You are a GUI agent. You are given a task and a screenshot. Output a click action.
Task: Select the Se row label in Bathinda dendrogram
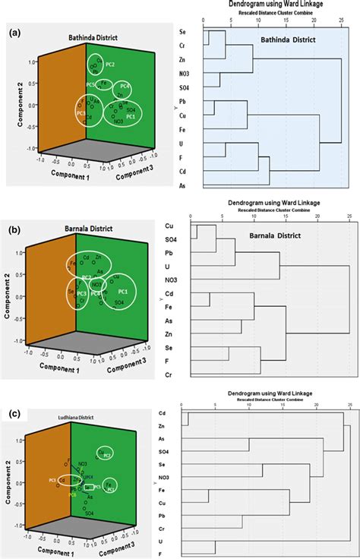click(x=182, y=33)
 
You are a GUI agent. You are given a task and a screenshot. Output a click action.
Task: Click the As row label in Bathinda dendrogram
click(x=182, y=183)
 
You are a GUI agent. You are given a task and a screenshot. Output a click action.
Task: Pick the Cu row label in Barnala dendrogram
click(x=169, y=226)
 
